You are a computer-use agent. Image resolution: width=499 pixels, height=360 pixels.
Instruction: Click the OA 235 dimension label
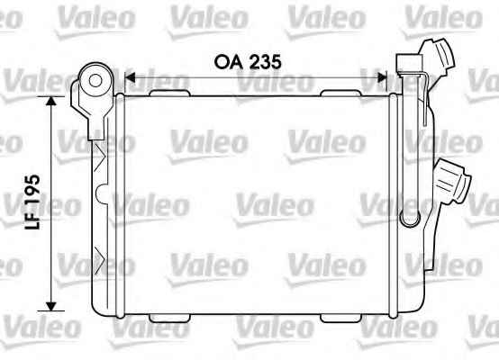(248, 62)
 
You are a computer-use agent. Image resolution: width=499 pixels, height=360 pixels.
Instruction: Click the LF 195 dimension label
(33, 202)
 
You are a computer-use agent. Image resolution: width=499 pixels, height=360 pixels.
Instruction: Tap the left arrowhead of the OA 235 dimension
(130, 77)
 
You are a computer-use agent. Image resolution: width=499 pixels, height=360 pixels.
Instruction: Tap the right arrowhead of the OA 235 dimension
(381, 77)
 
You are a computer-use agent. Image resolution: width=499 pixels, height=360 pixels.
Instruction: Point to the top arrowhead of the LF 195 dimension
(51, 101)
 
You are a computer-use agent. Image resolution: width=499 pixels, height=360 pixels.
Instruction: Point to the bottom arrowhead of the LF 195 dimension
(51, 306)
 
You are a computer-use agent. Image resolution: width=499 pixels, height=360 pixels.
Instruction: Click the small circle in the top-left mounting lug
(95, 81)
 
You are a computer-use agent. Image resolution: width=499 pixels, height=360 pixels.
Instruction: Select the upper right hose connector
(439, 58)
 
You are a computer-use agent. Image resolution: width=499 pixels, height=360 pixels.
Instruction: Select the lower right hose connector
(451, 181)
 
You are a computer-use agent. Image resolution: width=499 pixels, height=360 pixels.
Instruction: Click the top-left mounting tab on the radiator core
(170, 93)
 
